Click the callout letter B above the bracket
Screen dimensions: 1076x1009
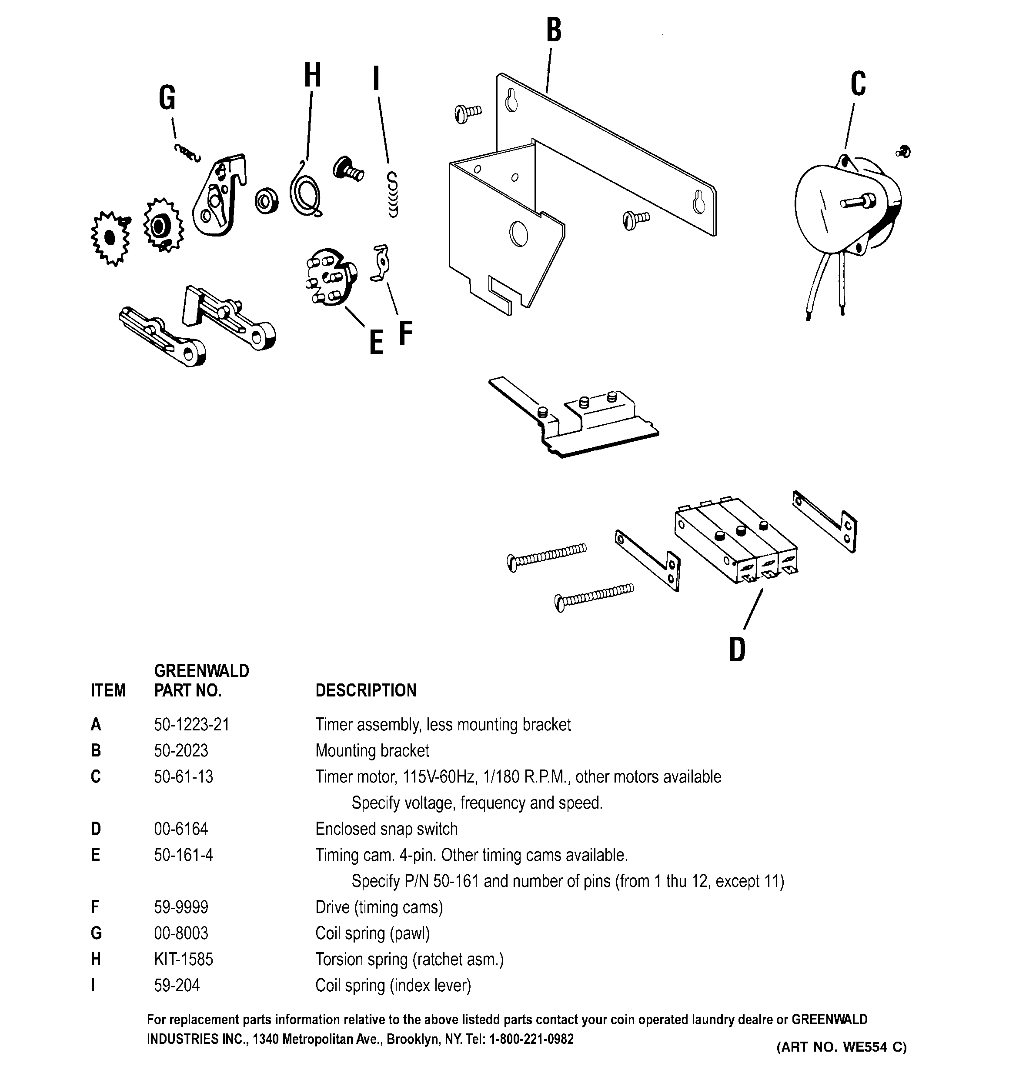[554, 31]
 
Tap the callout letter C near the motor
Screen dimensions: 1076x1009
[858, 84]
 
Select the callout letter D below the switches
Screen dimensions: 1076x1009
[737, 650]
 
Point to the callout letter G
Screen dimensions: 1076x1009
[167, 99]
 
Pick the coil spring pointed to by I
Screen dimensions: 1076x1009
[393, 195]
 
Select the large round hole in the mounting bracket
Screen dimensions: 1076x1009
[518, 234]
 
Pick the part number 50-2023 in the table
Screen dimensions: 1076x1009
[181, 750]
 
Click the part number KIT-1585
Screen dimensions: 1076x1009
[184, 959]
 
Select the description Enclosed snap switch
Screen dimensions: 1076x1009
[386, 829]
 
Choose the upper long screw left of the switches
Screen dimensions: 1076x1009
[547, 555]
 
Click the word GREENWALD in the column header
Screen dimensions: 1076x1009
[201, 671]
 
